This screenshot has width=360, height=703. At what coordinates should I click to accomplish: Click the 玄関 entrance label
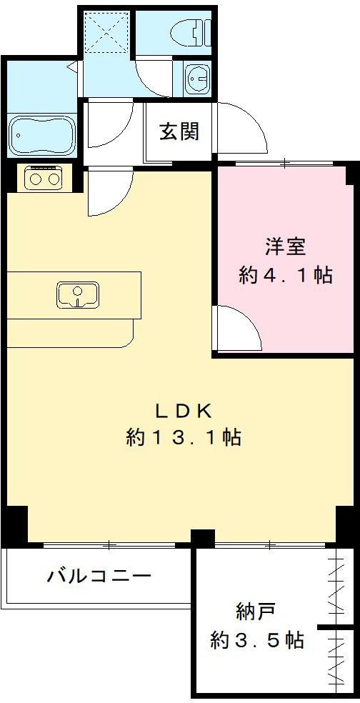point(179,132)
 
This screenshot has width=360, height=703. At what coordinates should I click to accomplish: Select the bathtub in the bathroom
point(41,136)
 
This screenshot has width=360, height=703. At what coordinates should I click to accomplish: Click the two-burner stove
point(44,178)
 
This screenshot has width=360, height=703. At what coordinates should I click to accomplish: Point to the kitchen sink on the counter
point(78,294)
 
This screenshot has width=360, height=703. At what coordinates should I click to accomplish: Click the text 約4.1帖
point(286,275)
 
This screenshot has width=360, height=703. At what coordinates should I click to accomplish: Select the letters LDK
point(183,412)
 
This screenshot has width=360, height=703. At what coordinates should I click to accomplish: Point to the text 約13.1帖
point(184,437)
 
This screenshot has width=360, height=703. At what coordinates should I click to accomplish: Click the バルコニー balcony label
point(99,575)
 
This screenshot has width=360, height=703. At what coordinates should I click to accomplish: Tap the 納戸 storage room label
point(256,611)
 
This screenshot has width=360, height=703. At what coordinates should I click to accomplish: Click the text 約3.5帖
point(257,640)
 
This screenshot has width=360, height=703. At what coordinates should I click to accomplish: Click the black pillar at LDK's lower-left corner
point(16,524)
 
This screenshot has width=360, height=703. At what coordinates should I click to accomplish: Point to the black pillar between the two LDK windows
point(203,537)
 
